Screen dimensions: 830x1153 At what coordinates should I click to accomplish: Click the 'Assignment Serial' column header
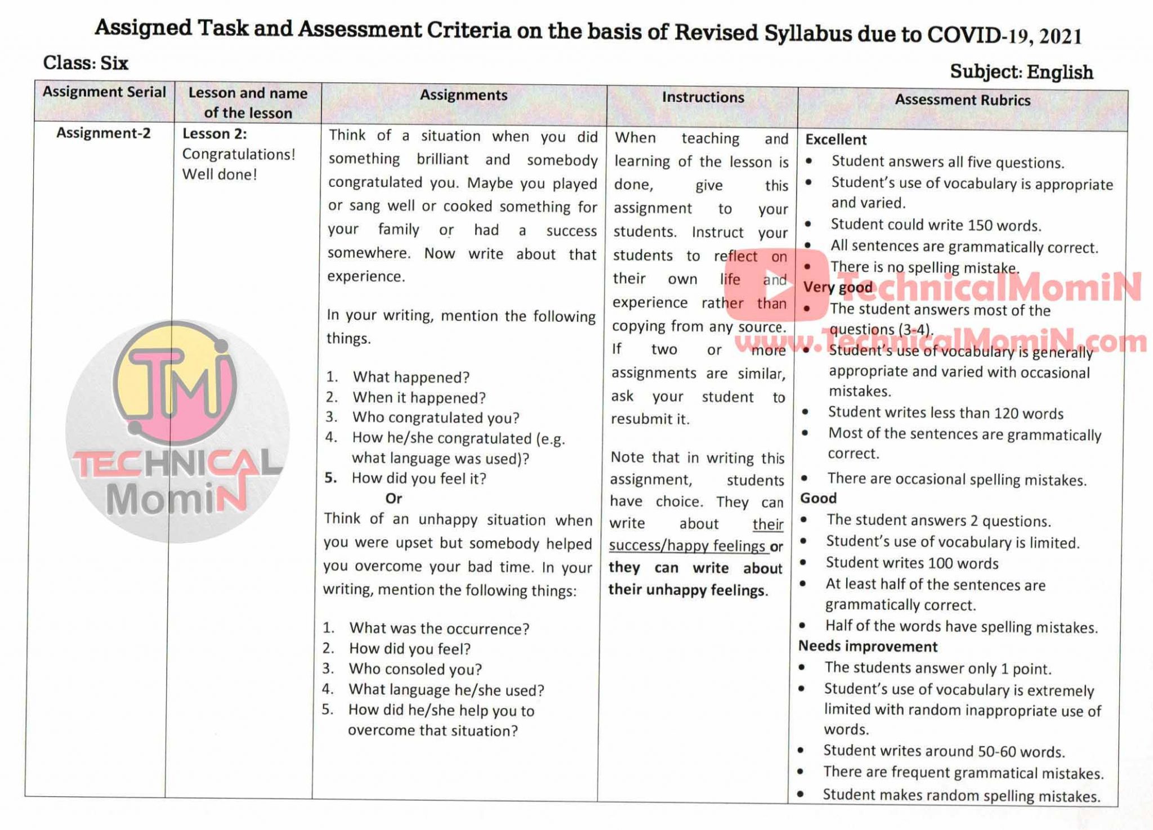tap(104, 92)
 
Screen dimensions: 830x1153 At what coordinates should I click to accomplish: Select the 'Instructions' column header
tap(703, 97)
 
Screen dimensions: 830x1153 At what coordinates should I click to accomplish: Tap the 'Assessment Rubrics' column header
tap(962, 100)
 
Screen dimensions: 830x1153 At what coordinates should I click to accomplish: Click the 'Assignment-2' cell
tap(104, 133)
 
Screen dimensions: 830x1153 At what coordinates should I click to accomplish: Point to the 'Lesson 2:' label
tap(214, 134)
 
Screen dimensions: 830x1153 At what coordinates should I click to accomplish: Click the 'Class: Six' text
tap(86, 62)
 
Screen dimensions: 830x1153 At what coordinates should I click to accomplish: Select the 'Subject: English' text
tap(1021, 72)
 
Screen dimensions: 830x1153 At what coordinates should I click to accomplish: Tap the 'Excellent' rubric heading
tap(836, 140)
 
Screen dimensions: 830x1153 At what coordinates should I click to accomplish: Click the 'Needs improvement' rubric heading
tap(868, 647)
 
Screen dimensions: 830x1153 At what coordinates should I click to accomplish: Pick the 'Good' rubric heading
tap(819, 498)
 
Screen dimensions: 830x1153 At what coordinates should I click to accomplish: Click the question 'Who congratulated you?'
tap(436, 418)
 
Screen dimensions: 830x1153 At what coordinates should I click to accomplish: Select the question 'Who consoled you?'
tap(415, 669)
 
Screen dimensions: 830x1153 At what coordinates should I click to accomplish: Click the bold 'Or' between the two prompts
tap(394, 499)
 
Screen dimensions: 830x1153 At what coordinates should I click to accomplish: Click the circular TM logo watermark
tap(177, 430)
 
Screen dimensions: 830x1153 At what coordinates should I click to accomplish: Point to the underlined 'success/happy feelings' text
tap(687, 546)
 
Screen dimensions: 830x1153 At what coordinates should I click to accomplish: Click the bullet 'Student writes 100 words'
tap(912, 563)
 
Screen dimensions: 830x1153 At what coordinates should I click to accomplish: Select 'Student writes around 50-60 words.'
tap(944, 751)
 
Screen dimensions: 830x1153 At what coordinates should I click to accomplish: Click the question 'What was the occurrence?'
tap(439, 629)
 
